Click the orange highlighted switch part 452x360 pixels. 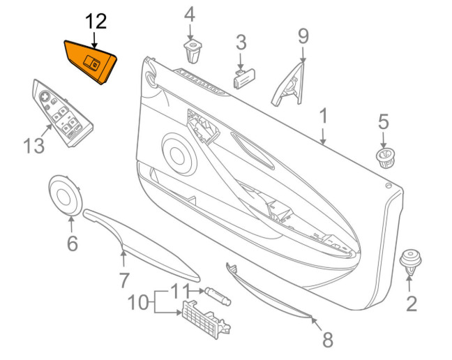90,62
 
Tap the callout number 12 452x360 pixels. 96,22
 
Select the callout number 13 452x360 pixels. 34,145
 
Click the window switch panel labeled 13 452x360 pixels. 62,113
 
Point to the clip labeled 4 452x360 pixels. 193,51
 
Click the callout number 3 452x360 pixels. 241,43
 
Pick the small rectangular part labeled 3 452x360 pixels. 244,78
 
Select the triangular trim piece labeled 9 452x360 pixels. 287,84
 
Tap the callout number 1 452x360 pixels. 324,116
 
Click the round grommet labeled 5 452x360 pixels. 386,158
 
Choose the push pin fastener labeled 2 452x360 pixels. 410,262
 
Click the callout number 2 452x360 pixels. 412,303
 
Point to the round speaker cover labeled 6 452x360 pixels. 65,195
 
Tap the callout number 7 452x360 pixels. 124,280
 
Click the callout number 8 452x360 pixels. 328,340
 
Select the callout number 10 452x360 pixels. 138,303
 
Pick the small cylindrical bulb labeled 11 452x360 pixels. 218,296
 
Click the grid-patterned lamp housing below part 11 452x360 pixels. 206,320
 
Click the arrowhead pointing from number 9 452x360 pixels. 303,60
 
